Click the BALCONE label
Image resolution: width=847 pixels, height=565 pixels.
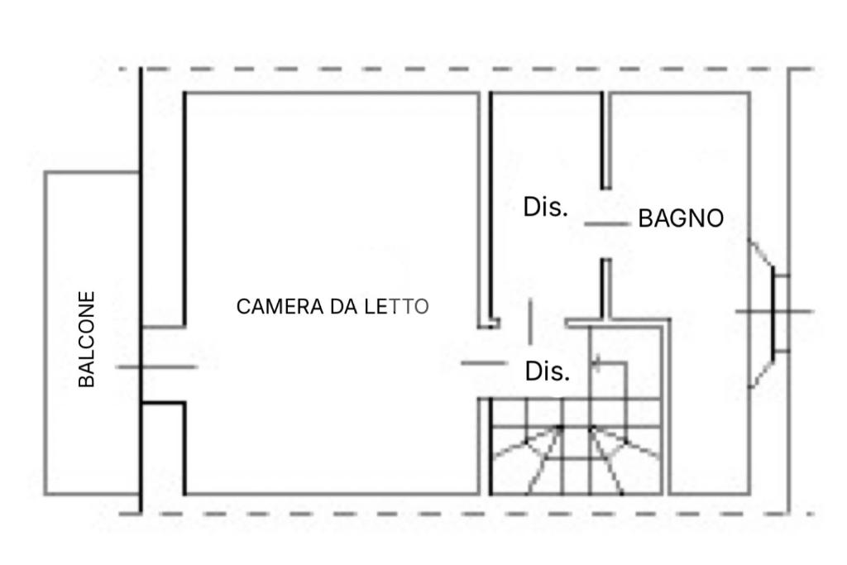(87, 339)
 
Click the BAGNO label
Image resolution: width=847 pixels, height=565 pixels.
(681, 218)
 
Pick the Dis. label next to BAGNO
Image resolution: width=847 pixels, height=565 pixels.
(546, 207)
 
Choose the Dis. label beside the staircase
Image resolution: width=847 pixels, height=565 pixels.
(548, 371)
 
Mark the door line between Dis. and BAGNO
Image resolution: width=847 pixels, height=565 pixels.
(606, 223)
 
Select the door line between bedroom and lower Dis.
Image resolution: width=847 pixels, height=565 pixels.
(483, 362)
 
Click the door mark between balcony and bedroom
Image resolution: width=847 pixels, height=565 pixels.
(156, 366)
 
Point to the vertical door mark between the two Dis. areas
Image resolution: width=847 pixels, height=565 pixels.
(530, 321)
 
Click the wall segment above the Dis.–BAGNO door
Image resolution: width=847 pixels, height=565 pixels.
(605, 141)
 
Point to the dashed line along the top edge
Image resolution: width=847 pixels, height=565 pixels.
(463, 69)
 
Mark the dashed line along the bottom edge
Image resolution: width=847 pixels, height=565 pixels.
(463, 514)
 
